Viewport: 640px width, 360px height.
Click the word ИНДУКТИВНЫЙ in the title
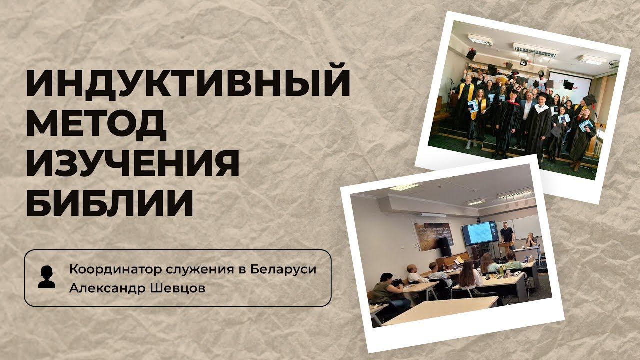tap(188, 84)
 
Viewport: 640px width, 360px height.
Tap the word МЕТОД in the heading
tap(96, 124)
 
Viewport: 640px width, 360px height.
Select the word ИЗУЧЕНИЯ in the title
tap(132, 164)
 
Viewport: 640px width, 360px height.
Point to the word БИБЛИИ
tap(109, 203)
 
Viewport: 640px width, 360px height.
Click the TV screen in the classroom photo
tap(479, 232)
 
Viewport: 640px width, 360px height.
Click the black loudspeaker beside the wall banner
tap(444, 245)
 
